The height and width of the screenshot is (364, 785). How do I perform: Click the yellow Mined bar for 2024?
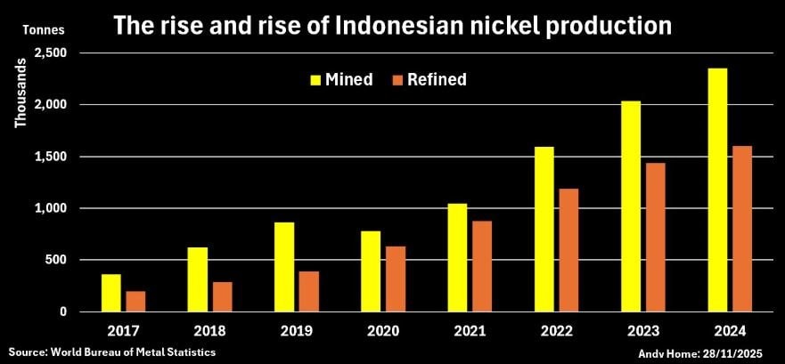point(717,190)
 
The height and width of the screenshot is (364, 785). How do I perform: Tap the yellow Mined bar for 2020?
point(371,271)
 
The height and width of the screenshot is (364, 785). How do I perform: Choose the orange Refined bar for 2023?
point(655,237)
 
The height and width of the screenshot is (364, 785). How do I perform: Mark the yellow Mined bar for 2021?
point(457,257)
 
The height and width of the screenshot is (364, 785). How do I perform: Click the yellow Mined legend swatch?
point(316,80)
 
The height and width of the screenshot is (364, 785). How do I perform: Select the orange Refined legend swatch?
point(397,80)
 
